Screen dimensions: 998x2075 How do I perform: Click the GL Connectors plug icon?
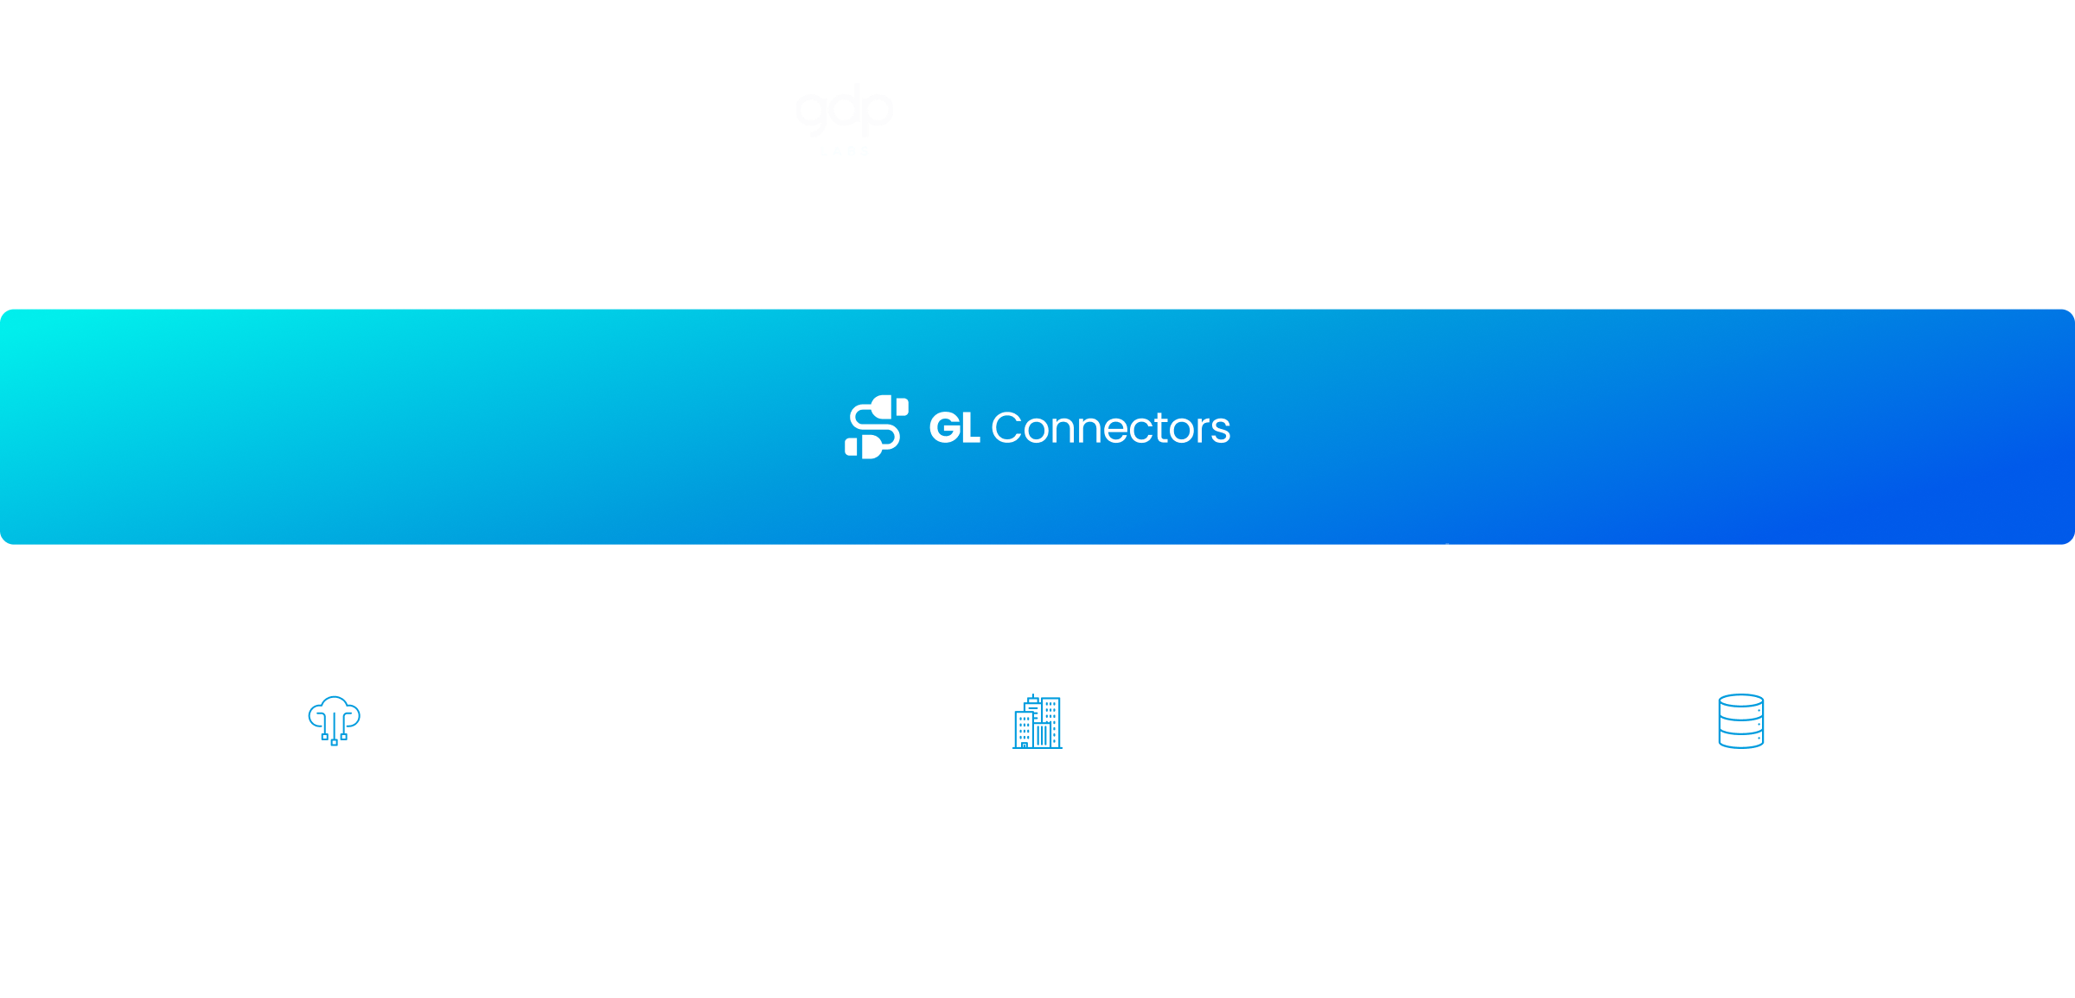pyautogui.click(x=876, y=427)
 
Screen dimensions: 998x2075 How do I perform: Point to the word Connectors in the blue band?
pyautogui.click(x=1110, y=428)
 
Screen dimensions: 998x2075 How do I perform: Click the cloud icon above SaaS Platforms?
pyautogui.click(x=334, y=720)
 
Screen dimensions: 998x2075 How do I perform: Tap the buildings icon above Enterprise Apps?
pyautogui.click(x=1037, y=720)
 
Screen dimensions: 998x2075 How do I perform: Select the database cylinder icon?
pyautogui.click(x=1740, y=720)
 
